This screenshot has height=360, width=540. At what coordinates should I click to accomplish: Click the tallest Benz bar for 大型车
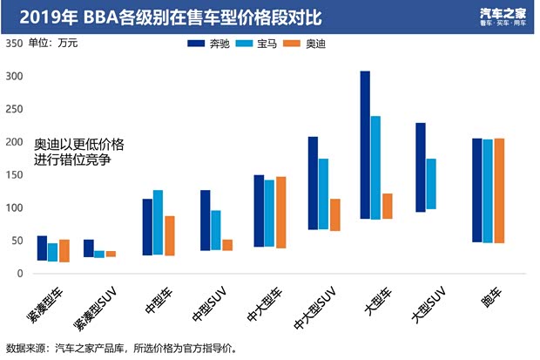[x=365, y=145]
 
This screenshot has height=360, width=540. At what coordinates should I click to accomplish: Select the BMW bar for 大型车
[x=375, y=167]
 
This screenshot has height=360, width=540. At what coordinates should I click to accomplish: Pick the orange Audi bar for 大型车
[x=387, y=206]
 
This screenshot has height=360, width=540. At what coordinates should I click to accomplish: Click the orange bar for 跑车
[x=499, y=190]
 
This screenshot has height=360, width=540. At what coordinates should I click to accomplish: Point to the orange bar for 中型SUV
[x=228, y=245]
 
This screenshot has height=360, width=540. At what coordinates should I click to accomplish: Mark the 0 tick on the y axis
[x=18, y=274]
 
